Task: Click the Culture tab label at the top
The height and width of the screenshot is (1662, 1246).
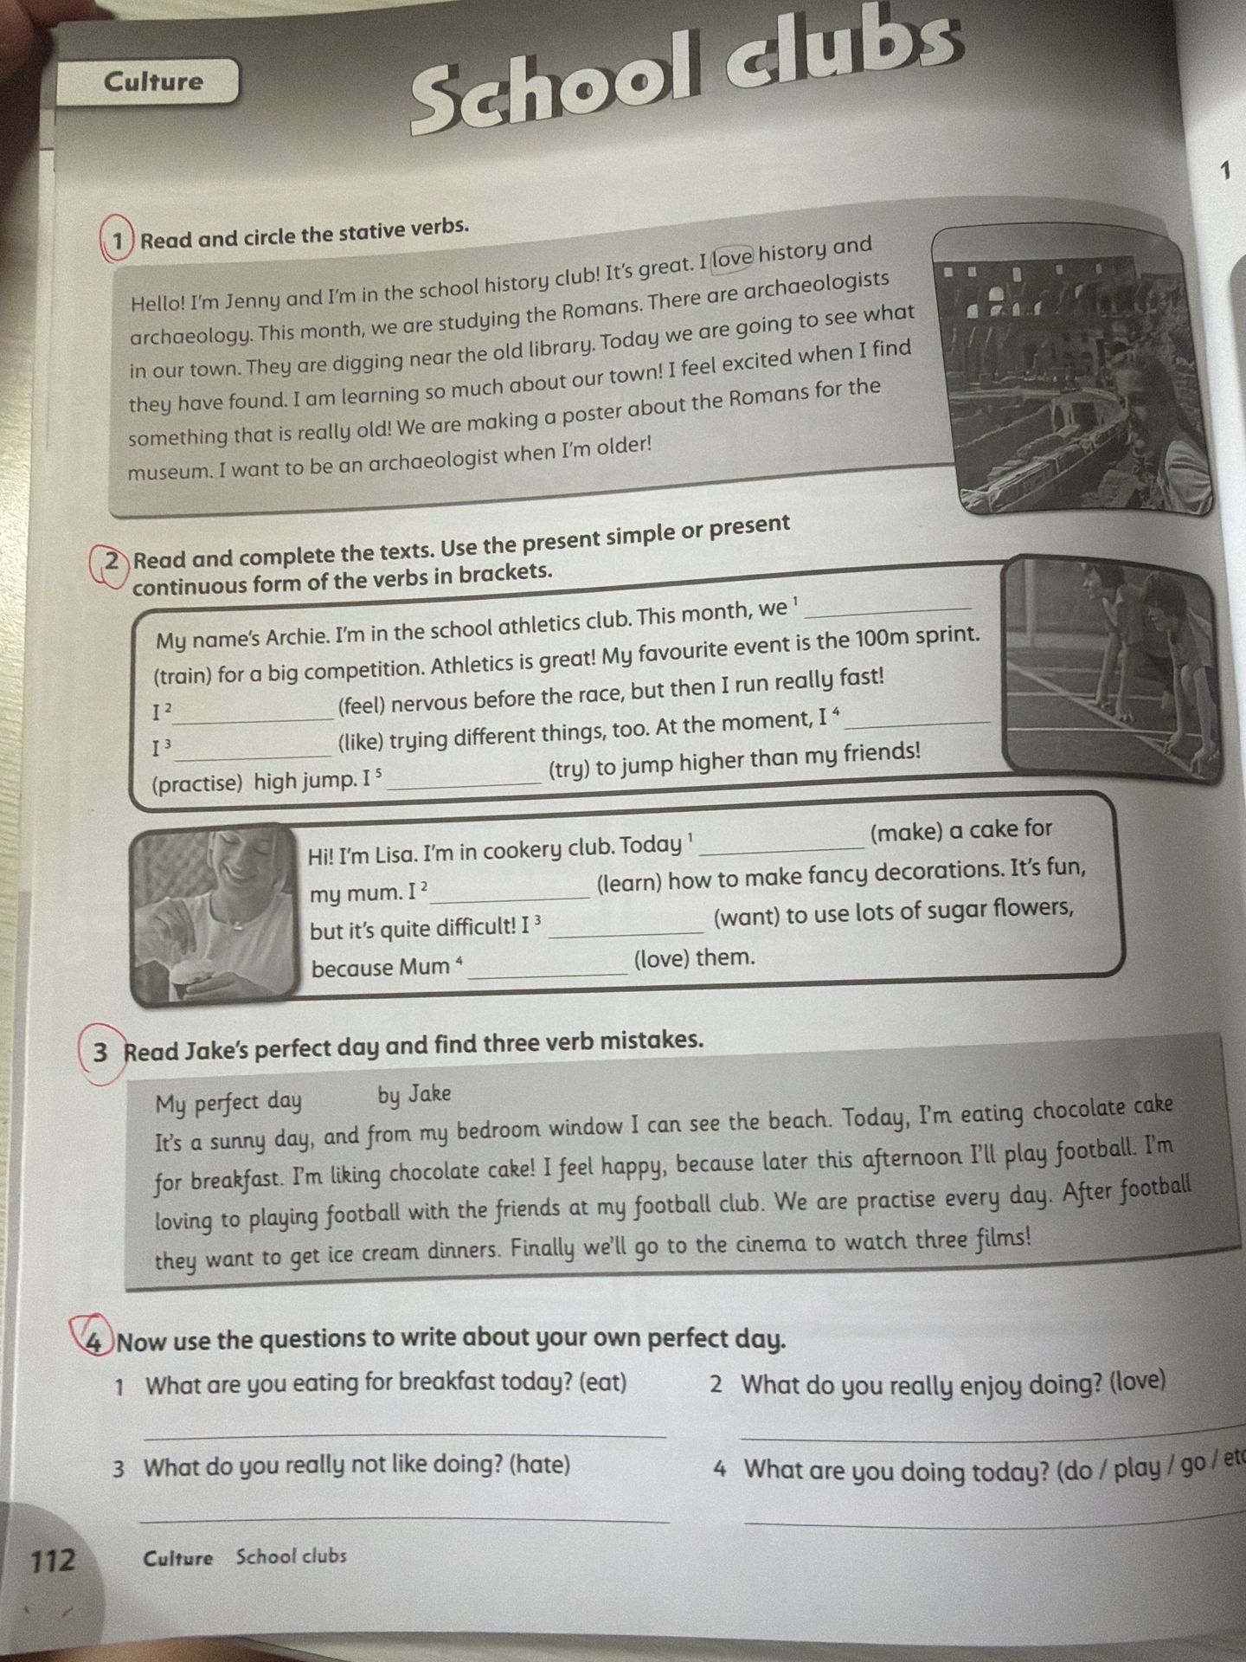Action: [153, 81]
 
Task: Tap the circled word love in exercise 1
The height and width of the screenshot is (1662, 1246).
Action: [733, 258]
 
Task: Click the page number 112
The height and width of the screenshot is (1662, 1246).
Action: [54, 1561]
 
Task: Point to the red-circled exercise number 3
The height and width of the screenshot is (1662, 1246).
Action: [102, 1053]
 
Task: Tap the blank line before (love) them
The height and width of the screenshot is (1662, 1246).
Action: [548, 976]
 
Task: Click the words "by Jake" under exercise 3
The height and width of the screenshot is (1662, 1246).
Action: [414, 1095]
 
